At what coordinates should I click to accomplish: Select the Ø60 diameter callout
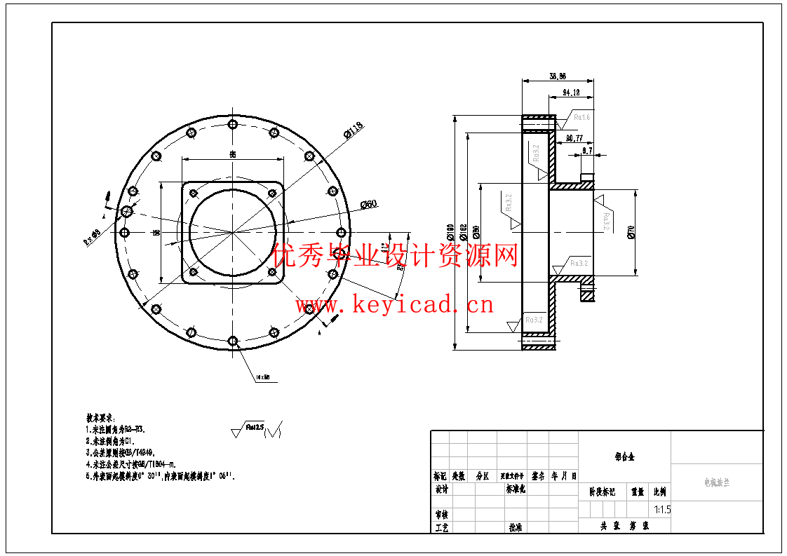coord(368,204)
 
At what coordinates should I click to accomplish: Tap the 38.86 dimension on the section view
coord(558,76)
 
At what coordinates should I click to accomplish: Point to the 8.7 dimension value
coord(587,150)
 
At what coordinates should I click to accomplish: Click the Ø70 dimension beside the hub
coord(631,232)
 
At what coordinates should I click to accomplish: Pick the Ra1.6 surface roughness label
coord(581,118)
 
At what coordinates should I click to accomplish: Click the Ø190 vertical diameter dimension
coord(449,231)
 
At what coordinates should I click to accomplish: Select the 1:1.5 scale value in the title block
coord(661,510)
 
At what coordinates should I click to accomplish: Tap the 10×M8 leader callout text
coord(263,377)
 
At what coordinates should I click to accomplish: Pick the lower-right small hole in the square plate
coord(273,272)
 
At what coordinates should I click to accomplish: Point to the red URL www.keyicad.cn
coord(394,305)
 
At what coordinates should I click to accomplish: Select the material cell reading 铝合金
coord(624,456)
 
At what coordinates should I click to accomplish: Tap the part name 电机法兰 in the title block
coord(716,483)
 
